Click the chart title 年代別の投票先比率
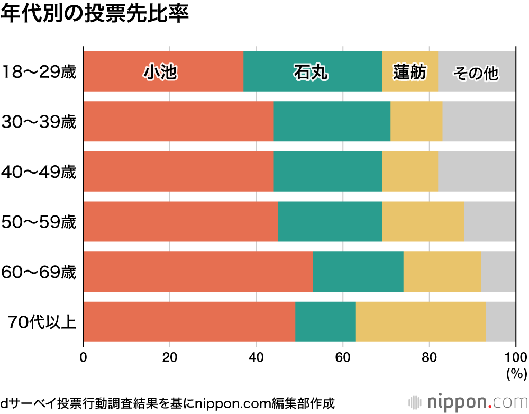95,14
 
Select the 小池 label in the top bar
159,72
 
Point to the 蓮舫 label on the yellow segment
409,72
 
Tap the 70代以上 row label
42,322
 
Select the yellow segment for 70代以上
421,321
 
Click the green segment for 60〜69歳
358,272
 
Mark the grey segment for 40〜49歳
477,172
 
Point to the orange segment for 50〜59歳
180,221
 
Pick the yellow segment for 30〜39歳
416,121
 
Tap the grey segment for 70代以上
500,321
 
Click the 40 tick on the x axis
256,356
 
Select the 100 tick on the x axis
516,356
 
